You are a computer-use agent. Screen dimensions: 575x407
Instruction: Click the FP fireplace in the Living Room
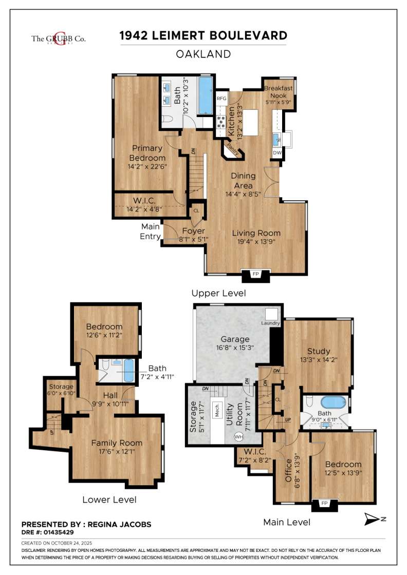pyautogui.click(x=255, y=275)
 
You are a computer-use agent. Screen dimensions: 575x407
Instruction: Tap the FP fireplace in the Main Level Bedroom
pyautogui.click(x=324, y=504)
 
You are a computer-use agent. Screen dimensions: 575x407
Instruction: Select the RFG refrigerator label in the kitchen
pyautogui.click(x=221, y=98)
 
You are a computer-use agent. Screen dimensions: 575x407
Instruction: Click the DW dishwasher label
pyautogui.click(x=277, y=153)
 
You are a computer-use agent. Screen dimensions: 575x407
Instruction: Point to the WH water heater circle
pyautogui.click(x=238, y=437)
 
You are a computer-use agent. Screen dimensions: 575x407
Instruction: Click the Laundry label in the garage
pyautogui.click(x=270, y=323)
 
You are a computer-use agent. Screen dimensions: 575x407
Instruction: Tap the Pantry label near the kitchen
pyautogui.click(x=233, y=150)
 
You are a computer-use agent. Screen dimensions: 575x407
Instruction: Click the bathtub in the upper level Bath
pyautogui.click(x=205, y=96)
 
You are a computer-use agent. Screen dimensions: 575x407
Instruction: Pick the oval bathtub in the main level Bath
pyautogui.click(x=335, y=402)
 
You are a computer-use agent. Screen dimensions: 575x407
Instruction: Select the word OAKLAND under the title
pyautogui.click(x=203, y=53)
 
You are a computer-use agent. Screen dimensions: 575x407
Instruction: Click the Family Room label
pyautogui.click(x=117, y=443)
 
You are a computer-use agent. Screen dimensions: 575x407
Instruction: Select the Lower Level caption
pyautogui.click(x=109, y=500)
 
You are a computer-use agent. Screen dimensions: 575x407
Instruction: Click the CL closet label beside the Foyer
pyautogui.click(x=196, y=210)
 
